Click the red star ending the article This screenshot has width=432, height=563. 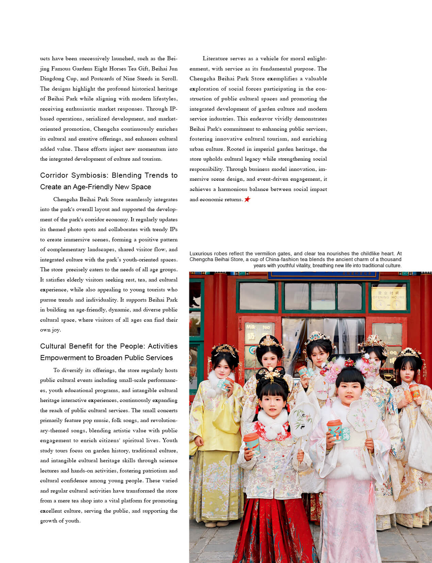click(247, 199)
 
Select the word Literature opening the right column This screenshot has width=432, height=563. click(217, 59)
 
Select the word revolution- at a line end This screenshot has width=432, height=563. click(164, 420)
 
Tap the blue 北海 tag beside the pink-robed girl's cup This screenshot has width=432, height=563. click(346, 434)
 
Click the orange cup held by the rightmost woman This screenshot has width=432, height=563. click(415, 391)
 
